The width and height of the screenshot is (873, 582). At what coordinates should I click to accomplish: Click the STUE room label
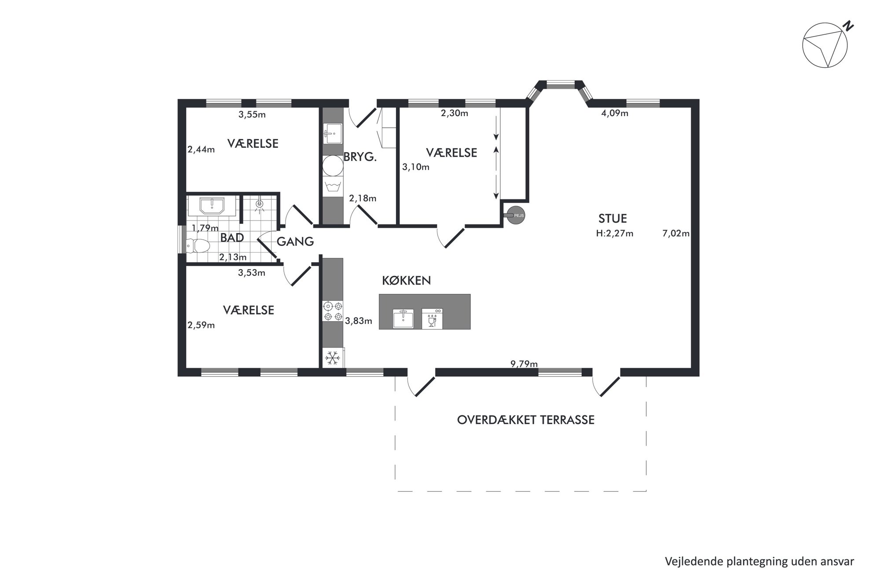(613, 219)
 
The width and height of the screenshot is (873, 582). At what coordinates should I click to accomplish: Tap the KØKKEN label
(406, 281)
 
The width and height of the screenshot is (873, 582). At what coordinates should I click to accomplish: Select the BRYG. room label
(360, 157)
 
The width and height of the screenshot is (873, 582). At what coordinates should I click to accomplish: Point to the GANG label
(295, 242)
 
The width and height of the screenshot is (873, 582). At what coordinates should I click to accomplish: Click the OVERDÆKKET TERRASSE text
(526, 420)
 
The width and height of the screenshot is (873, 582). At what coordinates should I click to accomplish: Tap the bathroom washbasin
(212, 205)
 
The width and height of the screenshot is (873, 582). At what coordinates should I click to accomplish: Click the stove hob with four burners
(333, 311)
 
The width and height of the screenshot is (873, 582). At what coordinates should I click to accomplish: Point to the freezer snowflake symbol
(333, 358)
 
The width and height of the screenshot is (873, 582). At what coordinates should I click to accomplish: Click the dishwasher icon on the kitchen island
(432, 318)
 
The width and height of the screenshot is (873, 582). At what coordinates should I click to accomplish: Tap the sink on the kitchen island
(403, 318)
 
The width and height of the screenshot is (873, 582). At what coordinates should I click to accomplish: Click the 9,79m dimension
(524, 364)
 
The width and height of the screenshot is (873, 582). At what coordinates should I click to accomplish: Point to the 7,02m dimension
(676, 234)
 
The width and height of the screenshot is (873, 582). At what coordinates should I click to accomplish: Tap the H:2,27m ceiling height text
(614, 234)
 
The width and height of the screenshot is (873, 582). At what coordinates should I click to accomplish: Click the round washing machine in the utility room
(333, 166)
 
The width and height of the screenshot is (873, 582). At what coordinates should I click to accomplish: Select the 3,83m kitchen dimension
(359, 321)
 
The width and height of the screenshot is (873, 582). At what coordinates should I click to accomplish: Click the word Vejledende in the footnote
(689, 561)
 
